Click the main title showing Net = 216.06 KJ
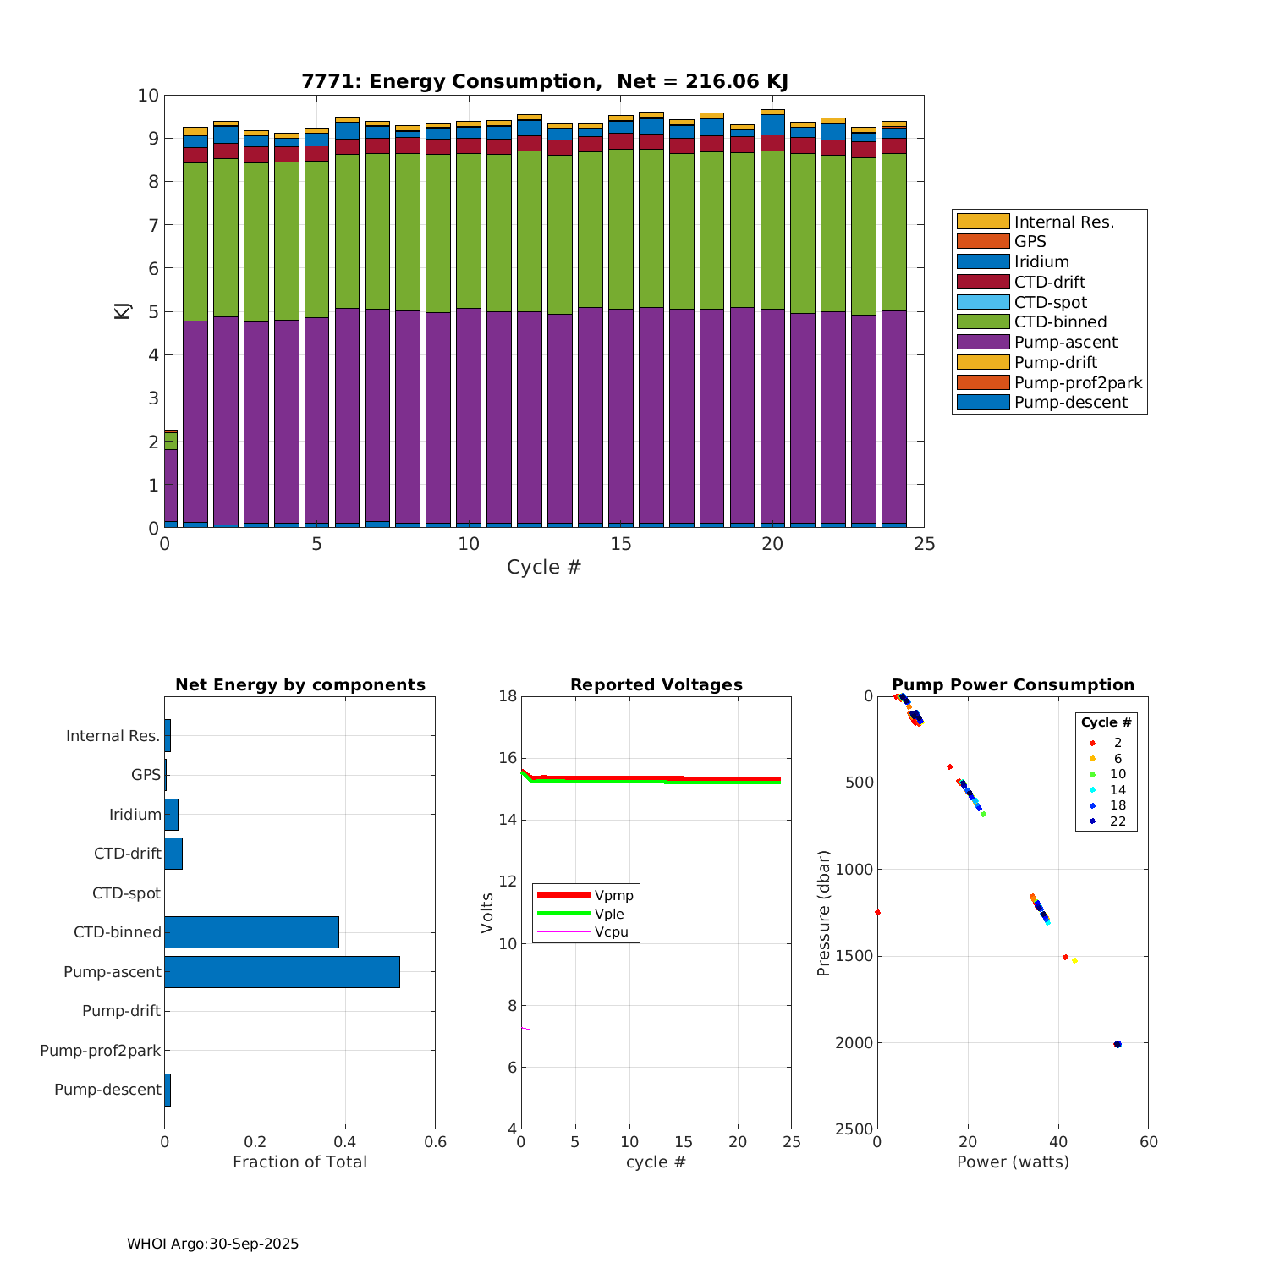click(x=545, y=81)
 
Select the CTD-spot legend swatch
click(x=983, y=302)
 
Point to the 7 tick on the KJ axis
click(x=149, y=225)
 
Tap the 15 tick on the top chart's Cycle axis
click(x=621, y=544)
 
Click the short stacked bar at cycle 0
click(x=170, y=479)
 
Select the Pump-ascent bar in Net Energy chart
click(x=282, y=972)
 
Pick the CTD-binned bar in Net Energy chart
click(x=251, y=932)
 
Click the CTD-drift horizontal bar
click(x=173, y=854)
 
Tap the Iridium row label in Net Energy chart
click(x=135, y=815)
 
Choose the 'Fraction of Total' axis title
click(x=299, y=1162)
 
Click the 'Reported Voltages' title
click(x=656, y=685)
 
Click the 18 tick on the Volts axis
click(x=508, y=696)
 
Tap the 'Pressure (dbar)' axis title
click(x=823, y=913)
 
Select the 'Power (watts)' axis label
click(x=1013, y=1162)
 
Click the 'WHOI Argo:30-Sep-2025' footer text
click(x=213, y=1244)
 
